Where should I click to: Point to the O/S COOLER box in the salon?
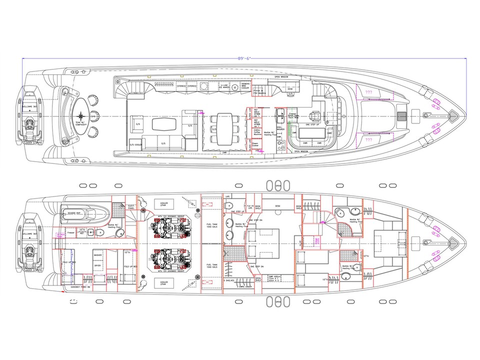135,145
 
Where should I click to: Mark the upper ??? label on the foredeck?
369,92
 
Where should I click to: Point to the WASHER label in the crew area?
97,255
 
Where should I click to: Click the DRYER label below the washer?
97,279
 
